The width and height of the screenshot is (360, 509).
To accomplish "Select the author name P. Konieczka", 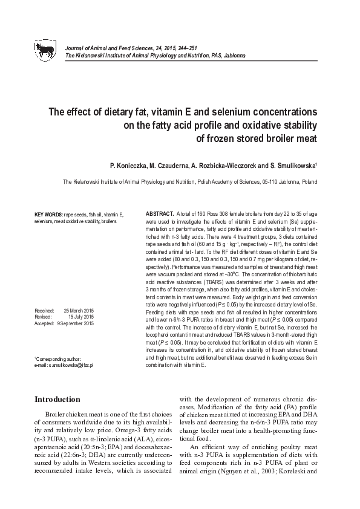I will (x=129, y=164).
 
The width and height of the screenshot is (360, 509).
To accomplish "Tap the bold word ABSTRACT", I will (x=160, y=215).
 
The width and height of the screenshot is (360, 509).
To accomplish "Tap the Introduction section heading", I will (x=57, y=400).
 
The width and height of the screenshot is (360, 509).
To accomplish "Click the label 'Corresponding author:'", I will (x=59, y=359).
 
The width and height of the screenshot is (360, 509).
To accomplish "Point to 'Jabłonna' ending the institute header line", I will (x=234, y=55).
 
